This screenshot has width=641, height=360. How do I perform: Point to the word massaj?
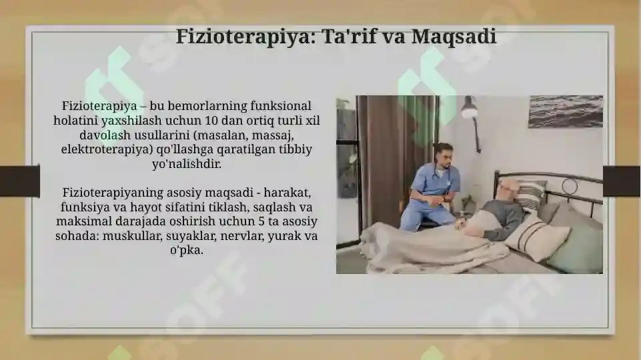(x=278, y=135)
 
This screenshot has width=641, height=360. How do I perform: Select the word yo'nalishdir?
(x=187, y=164)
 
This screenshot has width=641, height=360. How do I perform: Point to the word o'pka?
(x=187, y=251)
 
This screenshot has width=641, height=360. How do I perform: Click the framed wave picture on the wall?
(x=565, y=111)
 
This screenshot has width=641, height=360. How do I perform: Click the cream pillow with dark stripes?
(x=537, y=236)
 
